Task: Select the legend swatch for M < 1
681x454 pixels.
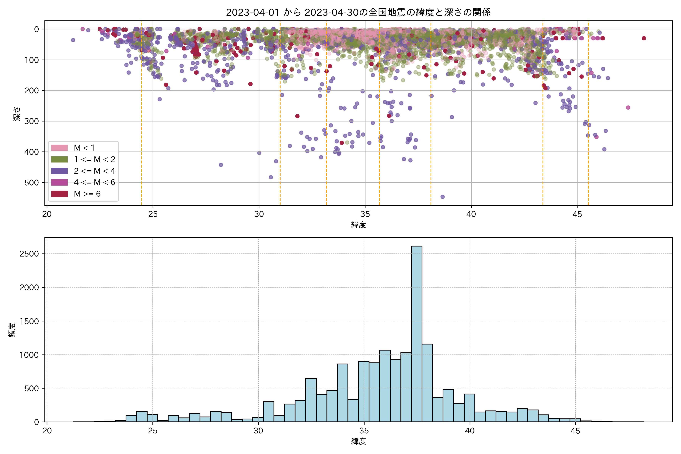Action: (x=59, y=148)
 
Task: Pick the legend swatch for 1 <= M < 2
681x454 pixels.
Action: (x=59, y=159)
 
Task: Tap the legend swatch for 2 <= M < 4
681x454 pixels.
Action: (x=59, y=171)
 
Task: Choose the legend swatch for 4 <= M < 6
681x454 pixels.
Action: (x=59, y=182)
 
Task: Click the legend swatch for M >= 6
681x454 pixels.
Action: (x=59, y=194)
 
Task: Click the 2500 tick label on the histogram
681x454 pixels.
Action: (x=29, y=254)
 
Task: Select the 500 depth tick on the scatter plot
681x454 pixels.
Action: (x=32, y=183)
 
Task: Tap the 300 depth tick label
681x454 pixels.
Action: (x=32, y=121)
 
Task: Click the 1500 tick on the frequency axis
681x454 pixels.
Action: (x=29, y=321)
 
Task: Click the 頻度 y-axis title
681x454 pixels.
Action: (x=12, y=330)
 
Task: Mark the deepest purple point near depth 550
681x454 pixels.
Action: (x=442, y=197)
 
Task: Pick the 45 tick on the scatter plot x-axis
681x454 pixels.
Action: (x=577, y=214)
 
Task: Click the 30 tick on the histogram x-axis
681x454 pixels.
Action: (x=258, y=431)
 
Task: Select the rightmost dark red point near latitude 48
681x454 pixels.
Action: (x=644, y=38)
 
